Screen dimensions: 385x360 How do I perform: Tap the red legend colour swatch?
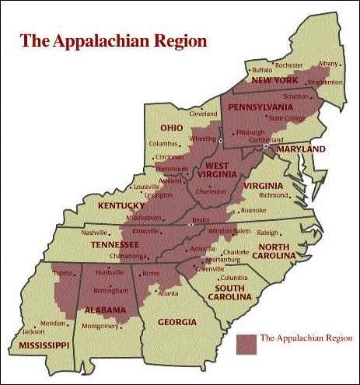click(245, 339)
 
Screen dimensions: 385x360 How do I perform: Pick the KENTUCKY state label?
click(121, 205)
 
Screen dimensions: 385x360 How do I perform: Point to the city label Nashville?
click(95, 233)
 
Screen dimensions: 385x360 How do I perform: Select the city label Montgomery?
click(100, 326)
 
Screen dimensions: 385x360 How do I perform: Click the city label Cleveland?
click(203, 113)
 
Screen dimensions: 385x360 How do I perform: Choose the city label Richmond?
click(273, 195)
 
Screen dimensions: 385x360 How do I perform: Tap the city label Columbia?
click(233, 278)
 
